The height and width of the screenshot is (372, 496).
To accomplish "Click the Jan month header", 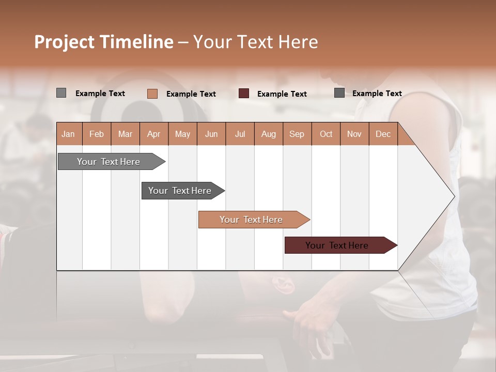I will coord(68,134).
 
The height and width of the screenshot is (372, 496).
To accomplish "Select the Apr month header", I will coord(153,134).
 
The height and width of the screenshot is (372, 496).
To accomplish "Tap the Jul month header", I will coord(240,134).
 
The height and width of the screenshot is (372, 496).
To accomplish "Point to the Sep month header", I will coord(297,134).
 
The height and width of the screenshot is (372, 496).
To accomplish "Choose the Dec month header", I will coord(383,134).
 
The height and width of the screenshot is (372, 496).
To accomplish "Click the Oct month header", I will coord(326,134).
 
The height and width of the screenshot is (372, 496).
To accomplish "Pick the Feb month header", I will coord(97,134).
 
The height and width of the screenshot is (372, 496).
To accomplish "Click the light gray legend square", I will coord(61,93).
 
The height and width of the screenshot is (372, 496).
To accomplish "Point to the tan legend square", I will coord(152,94).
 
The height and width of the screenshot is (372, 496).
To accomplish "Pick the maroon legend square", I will coord(244,93).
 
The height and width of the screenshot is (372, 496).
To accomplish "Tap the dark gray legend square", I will coord(339,93).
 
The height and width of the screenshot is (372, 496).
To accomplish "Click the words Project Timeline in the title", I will coord(103,42).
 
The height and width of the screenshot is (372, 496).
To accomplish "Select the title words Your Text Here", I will coord(255,42).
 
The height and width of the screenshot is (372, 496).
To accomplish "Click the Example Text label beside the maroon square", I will coord(282,94).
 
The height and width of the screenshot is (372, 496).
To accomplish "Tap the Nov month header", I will coord(354,134).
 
